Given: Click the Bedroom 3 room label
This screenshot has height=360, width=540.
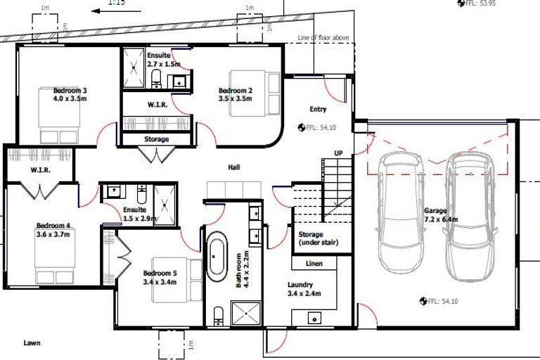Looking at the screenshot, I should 70,95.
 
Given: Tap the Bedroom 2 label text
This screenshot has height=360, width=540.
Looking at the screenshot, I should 235,95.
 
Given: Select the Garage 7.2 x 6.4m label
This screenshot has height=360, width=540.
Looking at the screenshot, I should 441,214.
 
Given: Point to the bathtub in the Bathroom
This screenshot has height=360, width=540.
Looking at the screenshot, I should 215,256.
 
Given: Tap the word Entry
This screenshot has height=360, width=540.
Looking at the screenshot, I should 319,109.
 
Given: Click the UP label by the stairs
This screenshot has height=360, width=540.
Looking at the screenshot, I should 338,153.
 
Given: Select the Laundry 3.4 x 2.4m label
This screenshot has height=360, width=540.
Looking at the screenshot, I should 304,289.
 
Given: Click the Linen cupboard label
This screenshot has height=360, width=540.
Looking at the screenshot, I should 314,264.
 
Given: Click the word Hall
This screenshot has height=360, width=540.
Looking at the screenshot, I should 234,167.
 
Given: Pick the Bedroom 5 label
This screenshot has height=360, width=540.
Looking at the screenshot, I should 160,277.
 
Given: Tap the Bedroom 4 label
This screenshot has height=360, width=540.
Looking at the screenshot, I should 53,230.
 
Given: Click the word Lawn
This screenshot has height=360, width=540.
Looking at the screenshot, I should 31,343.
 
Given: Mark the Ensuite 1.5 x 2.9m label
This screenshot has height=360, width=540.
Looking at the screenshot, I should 138,214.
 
